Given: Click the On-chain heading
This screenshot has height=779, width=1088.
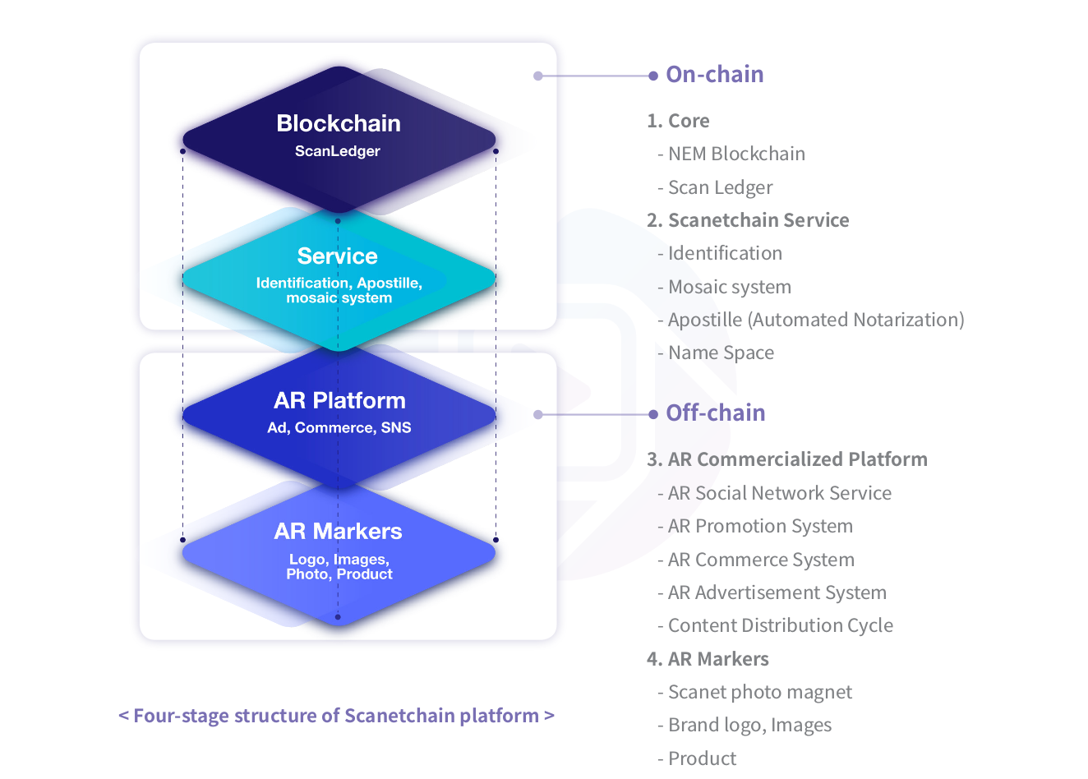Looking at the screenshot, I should [x=714, y=75].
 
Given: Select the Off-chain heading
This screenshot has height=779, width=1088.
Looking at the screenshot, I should [x=715, y=413].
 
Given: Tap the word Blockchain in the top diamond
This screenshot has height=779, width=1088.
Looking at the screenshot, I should [x=339, y=123].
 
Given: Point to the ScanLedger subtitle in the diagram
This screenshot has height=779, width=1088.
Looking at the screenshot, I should [x=338, y=151].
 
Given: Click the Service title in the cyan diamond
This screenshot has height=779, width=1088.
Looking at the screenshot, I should [x=338, y=256].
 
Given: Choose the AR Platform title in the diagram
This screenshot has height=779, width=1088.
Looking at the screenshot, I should [x=339, y=400].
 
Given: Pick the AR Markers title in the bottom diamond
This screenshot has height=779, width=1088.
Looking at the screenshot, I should [x=339, y=532].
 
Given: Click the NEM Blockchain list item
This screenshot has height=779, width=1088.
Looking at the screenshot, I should [x=736, y=154].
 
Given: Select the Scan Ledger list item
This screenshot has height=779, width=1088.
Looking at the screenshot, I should [x=720, y=187].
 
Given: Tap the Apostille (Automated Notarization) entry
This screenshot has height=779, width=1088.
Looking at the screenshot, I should [x=815, y=320].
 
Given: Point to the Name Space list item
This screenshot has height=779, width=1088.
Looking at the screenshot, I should [x=721, y=353].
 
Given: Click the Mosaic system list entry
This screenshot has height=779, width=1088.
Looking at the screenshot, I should [x=729, y=287].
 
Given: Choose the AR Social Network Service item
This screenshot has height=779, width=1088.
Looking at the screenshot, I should [x=779, y=493].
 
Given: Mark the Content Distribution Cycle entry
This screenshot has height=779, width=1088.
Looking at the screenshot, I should [x=780, y=625].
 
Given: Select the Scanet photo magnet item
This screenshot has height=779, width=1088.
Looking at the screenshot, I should [x=759, y=692].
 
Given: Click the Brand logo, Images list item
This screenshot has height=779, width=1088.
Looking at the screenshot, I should [x=749, y=725].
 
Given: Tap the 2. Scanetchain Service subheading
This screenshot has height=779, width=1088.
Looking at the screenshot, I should [x=748, y=220].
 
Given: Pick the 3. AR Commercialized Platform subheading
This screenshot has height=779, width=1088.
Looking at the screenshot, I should [x=787, y=459].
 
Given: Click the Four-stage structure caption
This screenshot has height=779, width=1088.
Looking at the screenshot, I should [x=336, y=716].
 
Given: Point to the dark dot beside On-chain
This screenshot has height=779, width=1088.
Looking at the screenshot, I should [x=653, y=76].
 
